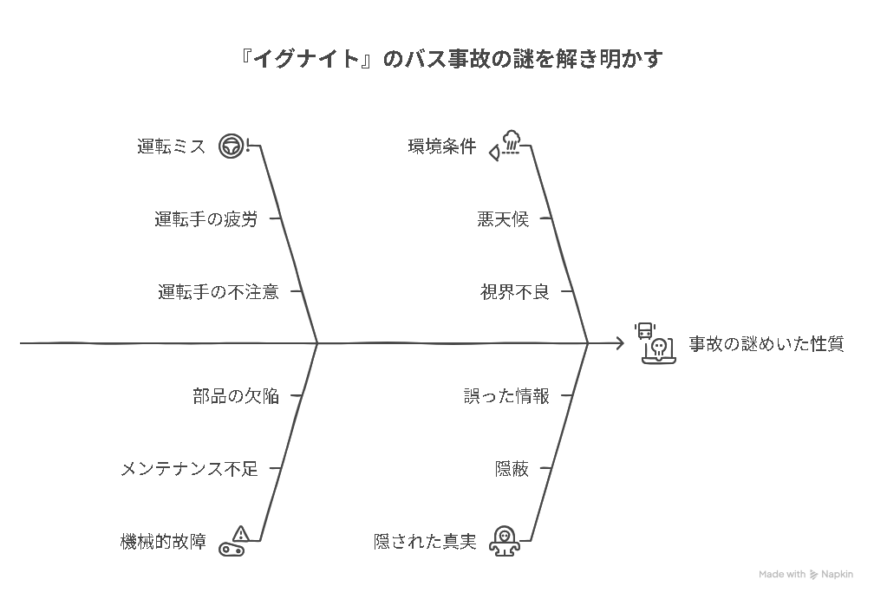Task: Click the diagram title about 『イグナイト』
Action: [x=451, y=59]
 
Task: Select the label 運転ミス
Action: [x=172, y=146]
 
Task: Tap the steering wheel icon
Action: [x=231, y=146]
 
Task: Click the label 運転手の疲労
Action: [x=205, y=219]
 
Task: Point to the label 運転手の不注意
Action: [x=218, y=291]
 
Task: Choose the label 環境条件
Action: [x=442, y=146]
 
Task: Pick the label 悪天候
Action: [x=503, y=219]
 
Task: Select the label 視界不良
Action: [x=514, y=291]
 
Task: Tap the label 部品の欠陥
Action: [x=236, y=396]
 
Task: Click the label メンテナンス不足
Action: [x=190, y=469]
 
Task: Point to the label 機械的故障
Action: [x=163, y=541]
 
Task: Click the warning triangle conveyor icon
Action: [x=233, y=541]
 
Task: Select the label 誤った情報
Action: [x=506, y=396]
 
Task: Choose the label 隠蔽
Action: [x=512, y=469]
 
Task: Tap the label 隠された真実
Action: [x=425, y=541]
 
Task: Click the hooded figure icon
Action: [x=505, y=541]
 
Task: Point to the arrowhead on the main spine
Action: [x=620, y=343]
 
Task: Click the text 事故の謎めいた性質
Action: [x=766, y=344]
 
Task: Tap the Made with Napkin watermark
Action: [x=806, y=574]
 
